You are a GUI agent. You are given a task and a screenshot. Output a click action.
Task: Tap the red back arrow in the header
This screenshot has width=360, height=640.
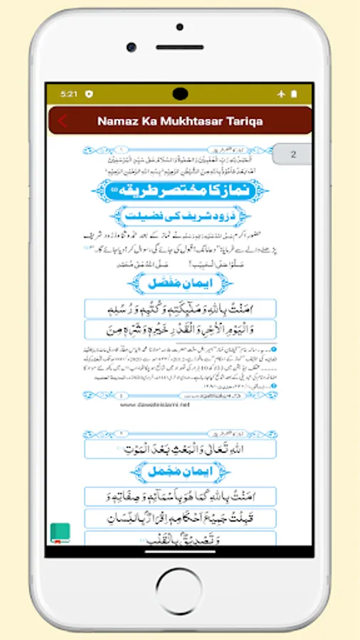[x=63, y=121]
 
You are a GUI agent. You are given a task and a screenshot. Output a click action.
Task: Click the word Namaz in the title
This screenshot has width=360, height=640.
[x=117, y=121]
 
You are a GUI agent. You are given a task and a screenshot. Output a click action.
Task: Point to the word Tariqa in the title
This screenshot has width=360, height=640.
[x=242, y=121]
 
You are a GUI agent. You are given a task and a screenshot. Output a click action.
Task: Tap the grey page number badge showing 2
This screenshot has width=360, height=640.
[x=293, y=154]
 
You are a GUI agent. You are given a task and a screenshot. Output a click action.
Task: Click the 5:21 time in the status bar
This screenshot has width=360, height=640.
[x=69, y=94]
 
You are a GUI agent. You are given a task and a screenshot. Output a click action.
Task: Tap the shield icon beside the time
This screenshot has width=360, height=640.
[x=88, y=94]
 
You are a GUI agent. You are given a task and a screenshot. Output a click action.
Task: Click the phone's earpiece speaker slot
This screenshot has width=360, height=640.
[x=179, y=47]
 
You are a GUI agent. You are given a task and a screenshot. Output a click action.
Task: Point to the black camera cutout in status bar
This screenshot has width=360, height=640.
[x=180, y=93]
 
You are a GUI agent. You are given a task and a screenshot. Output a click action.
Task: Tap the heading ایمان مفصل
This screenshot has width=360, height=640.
[x=180, y=283]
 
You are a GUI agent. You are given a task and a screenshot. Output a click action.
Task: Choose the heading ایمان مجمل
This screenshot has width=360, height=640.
[x=180, y=471]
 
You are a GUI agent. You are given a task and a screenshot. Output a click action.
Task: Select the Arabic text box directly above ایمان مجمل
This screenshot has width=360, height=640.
[x=180, y=449]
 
